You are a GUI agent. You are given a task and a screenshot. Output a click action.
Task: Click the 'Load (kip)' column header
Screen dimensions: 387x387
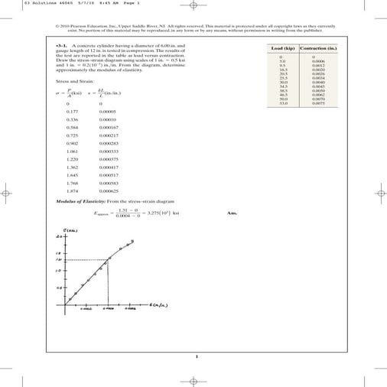coord(281,48)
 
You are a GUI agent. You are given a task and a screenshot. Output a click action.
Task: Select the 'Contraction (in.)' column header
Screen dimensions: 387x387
coord(319,48)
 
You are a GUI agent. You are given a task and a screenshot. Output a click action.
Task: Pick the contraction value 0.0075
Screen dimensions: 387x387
coord(318,103)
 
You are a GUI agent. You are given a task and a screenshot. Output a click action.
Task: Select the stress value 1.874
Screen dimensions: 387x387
coord(73,191)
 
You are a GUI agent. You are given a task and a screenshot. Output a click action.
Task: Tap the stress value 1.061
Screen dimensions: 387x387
coord(73,151)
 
